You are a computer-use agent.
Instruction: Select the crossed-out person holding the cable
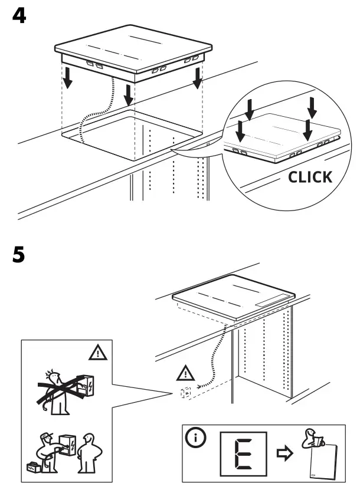pos(59,389)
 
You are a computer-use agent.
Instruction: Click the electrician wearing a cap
pos(50,448)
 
